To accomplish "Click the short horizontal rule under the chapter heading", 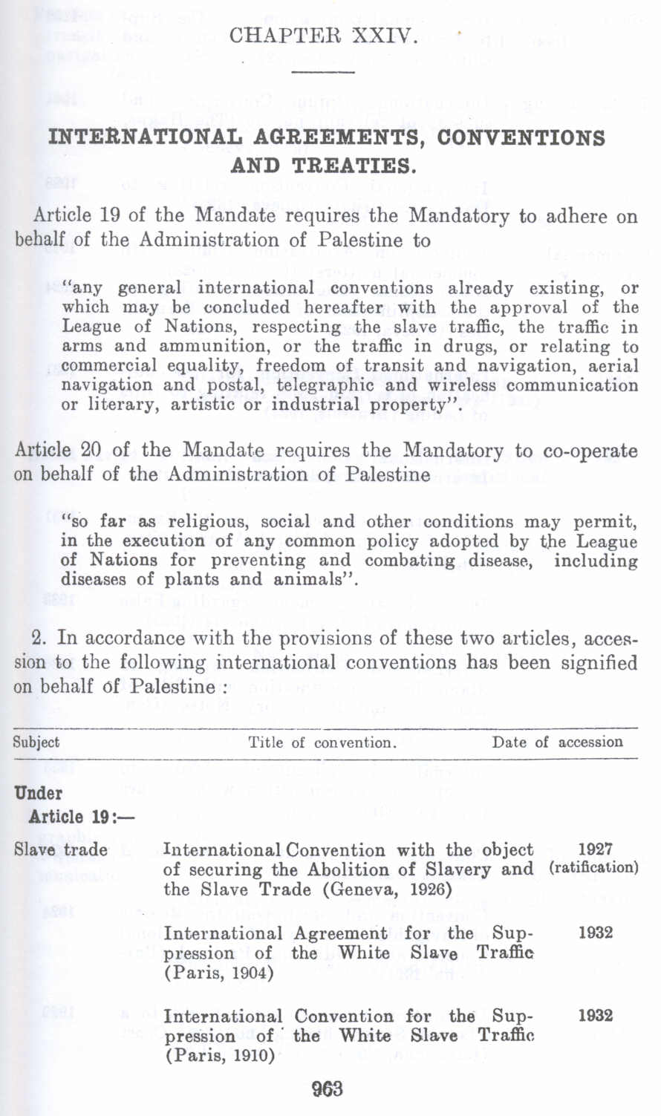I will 324,71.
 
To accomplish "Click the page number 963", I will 327,1090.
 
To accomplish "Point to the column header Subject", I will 36,743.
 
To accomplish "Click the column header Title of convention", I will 322,743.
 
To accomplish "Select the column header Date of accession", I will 557,743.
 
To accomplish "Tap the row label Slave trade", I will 61,849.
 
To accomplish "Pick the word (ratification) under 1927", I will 593,867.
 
